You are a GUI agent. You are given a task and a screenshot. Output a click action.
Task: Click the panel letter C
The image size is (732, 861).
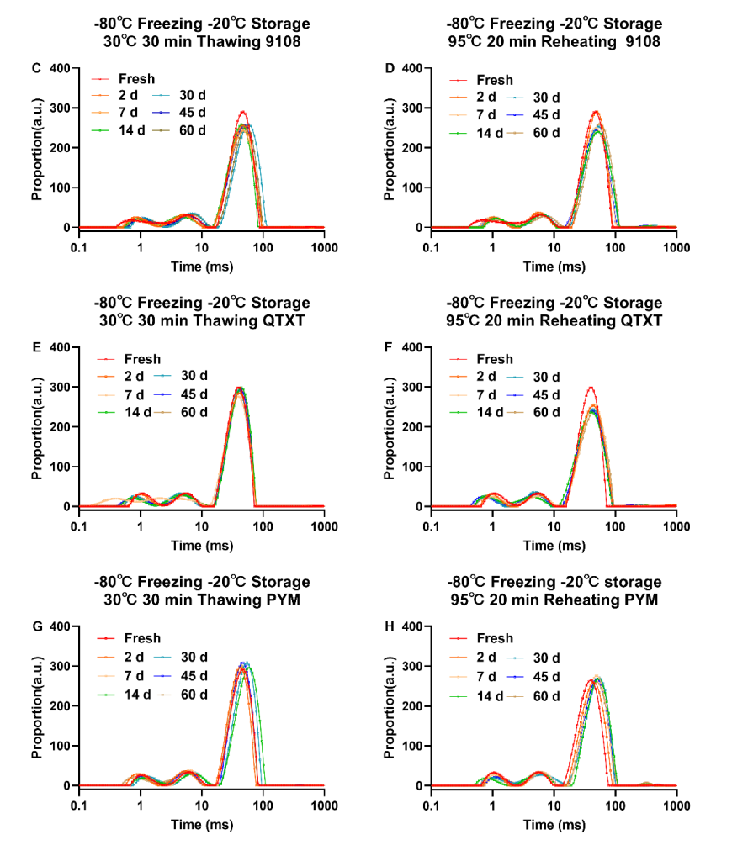[x=37, y=67]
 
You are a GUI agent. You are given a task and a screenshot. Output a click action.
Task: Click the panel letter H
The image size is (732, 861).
[x=390, y=626]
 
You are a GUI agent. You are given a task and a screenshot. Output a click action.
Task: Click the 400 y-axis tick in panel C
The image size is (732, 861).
[x=61, y=67]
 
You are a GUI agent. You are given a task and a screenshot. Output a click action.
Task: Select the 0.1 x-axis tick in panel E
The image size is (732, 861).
[x=79, y=526]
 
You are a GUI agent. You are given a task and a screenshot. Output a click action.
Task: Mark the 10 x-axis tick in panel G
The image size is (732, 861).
[x=202, y=805]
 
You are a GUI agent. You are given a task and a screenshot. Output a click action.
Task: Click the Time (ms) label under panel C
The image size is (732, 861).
[x=201, y=267]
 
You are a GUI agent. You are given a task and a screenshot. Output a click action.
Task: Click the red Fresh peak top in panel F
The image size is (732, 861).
[x=591, y=388]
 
